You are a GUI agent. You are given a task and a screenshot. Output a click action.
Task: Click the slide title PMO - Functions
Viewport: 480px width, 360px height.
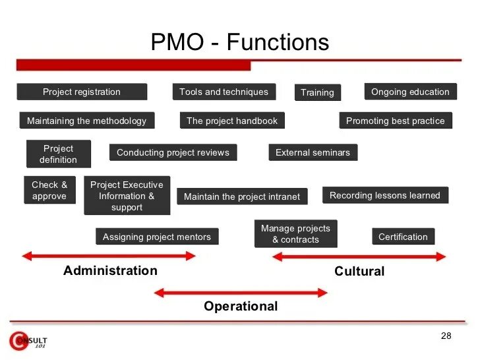point(239,43)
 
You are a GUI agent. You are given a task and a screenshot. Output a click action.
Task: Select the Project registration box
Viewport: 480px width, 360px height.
point(82,92)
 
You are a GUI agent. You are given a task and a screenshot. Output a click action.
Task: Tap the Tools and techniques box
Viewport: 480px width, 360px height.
point(224,92)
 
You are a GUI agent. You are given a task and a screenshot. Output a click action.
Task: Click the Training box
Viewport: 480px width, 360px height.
point(317,93)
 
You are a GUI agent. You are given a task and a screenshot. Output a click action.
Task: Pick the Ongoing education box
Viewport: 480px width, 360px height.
point(410,92)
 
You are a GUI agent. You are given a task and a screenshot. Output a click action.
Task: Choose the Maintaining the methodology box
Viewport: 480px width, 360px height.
point(87,121)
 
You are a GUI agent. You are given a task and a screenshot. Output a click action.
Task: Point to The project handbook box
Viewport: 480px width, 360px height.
point(232,121)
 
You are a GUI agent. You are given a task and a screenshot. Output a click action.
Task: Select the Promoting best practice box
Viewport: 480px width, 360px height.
point(396,121)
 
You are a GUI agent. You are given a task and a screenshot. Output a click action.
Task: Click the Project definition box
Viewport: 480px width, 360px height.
point(58,154)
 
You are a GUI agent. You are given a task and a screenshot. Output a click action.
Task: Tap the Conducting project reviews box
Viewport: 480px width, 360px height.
point(173,153)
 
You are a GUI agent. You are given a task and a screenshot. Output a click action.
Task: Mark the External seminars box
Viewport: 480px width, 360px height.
point(313,153)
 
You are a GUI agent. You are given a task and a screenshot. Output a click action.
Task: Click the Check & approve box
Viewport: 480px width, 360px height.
point(49,191)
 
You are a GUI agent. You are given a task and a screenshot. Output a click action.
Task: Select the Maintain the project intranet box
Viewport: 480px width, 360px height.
point(242,196)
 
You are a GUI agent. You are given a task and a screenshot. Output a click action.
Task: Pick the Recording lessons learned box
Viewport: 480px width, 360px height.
point(385,196)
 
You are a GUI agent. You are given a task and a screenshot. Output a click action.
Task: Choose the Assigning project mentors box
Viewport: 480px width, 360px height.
point(157,237)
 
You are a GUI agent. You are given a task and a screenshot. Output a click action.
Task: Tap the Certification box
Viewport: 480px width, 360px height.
point(403,237)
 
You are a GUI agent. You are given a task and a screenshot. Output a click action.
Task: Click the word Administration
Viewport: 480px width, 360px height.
point(111,271)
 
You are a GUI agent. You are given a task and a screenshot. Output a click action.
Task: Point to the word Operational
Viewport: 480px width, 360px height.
point(241,307)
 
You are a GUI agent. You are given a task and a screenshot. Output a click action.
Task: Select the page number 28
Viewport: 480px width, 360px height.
point(446,337)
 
